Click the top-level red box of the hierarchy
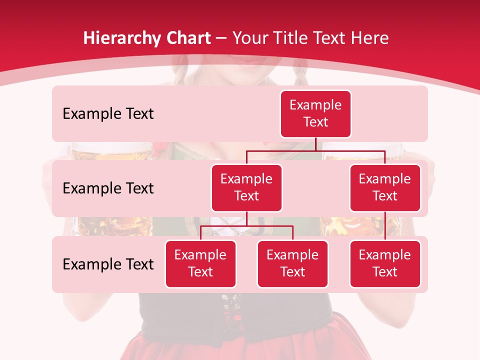point(315,114)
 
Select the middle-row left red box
point(246,188)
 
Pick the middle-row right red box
point(385,188)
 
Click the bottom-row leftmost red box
point(200,264)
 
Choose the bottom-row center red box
point(292,264)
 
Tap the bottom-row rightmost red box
point(385,264)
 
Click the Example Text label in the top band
point(108,114)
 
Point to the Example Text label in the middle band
point(108,188)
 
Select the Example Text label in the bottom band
point(108,264)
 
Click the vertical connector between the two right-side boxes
point(385,226)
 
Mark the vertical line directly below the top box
point(315,144)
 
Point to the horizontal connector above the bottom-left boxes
point(246,226)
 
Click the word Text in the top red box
point(315,122)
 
